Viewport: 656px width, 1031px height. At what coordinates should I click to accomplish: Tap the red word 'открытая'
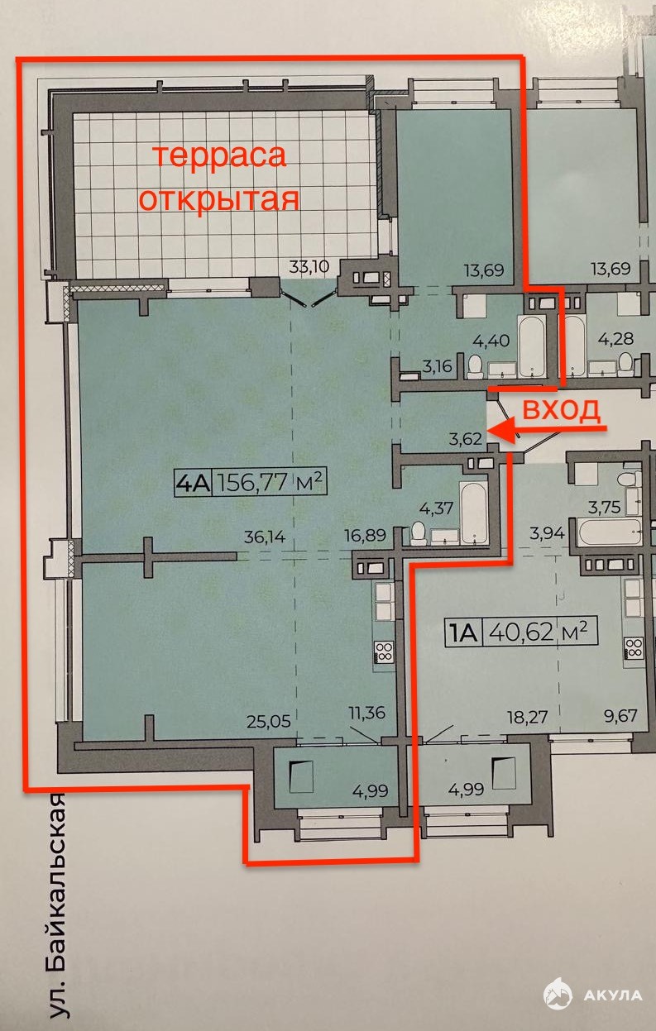click(x=220, y=200)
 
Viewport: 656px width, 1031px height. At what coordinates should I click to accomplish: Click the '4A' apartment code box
click(x=193, y=484)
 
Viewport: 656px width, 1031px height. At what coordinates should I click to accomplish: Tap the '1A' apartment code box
click(x=463, y=632)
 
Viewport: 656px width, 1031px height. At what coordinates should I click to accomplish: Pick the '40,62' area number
click(x=521, y=632)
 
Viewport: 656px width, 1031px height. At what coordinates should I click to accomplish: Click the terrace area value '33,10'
click(x=309, y=266)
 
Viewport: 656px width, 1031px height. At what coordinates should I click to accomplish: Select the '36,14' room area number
click(x=265, y=537)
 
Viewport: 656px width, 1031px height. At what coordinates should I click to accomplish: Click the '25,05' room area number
click(x=269, y=721)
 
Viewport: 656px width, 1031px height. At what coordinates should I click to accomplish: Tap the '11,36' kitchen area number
click(x=366, y=713)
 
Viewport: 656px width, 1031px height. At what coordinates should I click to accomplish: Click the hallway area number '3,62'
click(x=466, y=439)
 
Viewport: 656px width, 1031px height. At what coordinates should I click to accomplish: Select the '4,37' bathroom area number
click(x=436, y=508)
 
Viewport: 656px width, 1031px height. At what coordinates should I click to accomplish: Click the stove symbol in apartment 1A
click(x=634, y=648)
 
